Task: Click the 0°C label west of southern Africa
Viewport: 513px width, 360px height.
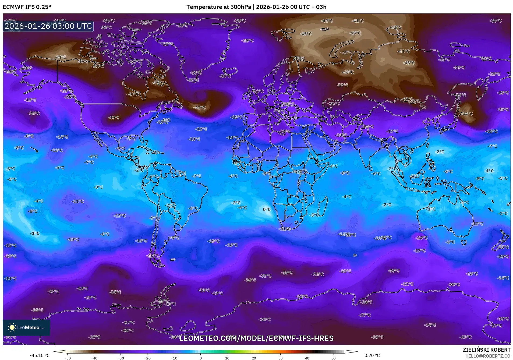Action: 267,209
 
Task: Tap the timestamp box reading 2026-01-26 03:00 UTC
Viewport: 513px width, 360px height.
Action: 48,26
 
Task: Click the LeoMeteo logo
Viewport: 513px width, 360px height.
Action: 26,327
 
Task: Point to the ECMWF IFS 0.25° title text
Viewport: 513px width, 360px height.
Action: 27,7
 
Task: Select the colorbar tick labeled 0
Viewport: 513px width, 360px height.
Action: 200,358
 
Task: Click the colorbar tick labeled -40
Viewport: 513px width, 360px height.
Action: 94,358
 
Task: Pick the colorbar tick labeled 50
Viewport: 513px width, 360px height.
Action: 334,358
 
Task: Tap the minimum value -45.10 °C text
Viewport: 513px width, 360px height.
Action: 40,355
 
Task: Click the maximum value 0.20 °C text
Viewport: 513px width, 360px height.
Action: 372,355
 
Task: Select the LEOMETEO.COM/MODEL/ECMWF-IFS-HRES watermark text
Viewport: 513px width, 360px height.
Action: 256,338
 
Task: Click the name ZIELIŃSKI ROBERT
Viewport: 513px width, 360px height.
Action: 486,350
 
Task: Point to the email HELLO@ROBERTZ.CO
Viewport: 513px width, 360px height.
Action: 488,356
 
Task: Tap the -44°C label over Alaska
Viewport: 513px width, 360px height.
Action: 60,57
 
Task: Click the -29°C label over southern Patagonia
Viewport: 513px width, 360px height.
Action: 153,256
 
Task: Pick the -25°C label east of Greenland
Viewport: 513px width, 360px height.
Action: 247,41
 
